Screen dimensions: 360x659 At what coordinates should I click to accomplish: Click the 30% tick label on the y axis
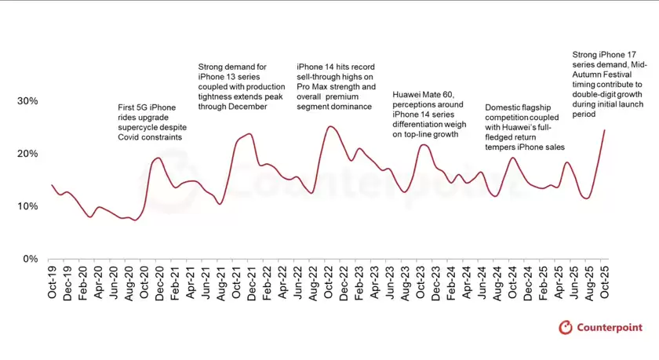tap(27, 101)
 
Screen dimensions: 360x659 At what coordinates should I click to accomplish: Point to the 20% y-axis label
tap(27, 154)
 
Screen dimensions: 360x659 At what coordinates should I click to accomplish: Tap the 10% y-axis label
tap(27, 206)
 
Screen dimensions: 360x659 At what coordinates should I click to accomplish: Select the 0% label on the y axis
tap(30, 259)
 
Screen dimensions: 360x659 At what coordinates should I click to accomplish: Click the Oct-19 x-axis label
tap(52, 282)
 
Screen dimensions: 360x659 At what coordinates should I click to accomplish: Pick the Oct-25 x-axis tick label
tap(603, 282)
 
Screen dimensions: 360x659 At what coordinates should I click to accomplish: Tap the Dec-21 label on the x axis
tap(251, 282)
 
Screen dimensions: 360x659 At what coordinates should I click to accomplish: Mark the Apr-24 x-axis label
tap(466, 282)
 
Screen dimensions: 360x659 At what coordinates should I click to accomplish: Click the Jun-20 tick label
tap(113, 282)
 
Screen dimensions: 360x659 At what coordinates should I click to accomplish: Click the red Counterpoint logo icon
tap(566, 328)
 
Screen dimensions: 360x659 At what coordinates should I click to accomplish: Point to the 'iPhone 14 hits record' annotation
tap(336, 87)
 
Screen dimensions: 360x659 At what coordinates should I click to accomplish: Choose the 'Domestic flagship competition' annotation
tap(525, 127)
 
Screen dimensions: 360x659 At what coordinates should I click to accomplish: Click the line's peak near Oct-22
tap(330, 126)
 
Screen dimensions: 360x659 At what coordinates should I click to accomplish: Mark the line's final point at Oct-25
tap(604, 130)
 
